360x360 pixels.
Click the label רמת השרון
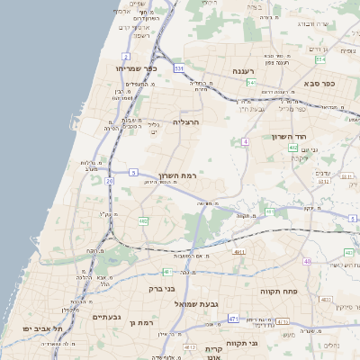pyautogui.click(x=177, y=175)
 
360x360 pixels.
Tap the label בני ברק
pyautogui.click(x=161, y=290)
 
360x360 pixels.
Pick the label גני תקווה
pyautogui.click(x=264, y=343)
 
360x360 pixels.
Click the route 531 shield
pyautogui.click(x=180, y=67)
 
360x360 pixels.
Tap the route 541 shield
pyautogui.click(x=251, y=82)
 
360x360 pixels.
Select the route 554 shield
pyautogui.click(x=320, y=59)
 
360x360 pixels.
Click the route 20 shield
pyautogui.click(x=109, y=181)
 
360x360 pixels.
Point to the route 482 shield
pyautogui.click(x=143, y=220)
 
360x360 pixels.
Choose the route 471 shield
pyautogui.click(x=234, y=318)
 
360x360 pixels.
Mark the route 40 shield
pyautogui.click(x=307, y=261)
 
